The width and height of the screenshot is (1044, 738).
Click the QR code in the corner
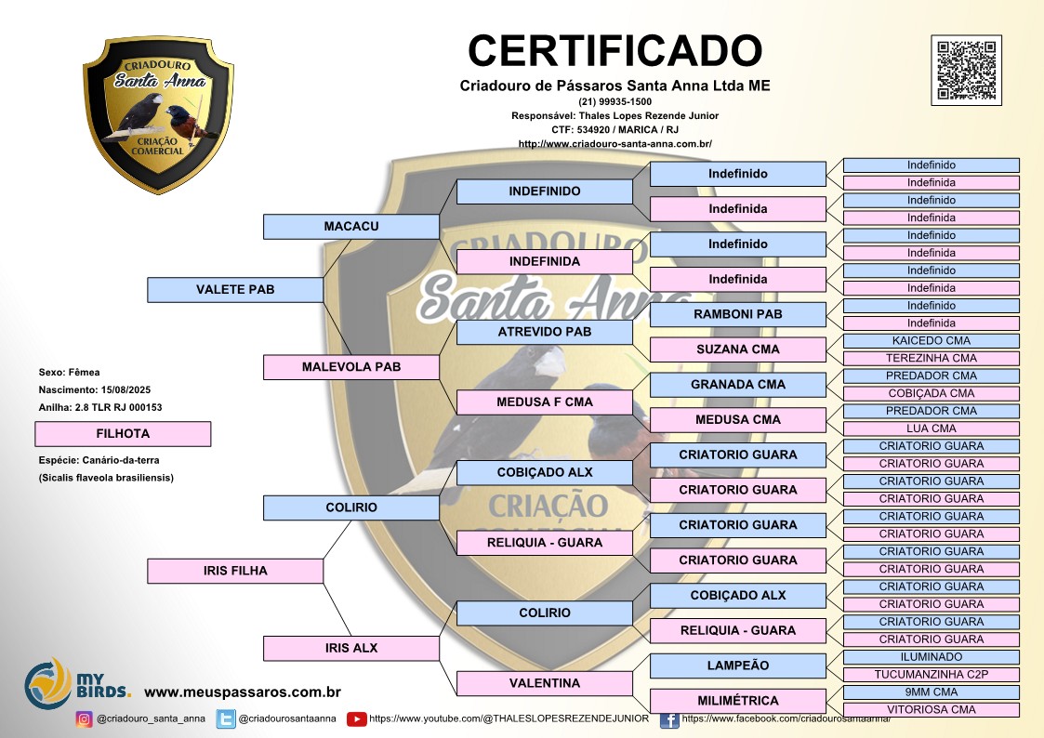[x=966, y=71]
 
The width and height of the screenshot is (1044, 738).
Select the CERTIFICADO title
[x=615, y=50]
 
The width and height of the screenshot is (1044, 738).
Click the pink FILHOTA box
[x=123, y=434]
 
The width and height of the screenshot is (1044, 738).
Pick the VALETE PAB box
[x=235, y=290]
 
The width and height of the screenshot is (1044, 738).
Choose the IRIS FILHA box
[x=235, y=571]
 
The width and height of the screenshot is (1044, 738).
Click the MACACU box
[x=350, y=227]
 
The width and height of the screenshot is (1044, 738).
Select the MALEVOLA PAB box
[x=350, y=367]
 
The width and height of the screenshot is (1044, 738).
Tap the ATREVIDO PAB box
[x=544, y=332]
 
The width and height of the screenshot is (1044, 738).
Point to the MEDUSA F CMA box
[x=544, y=402]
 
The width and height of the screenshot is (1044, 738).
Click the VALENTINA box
[x=544, y=683]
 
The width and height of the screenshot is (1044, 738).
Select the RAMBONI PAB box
[x=737, y=314]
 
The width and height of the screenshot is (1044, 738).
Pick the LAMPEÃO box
[x=737, y=666]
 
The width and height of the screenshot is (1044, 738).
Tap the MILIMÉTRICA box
[x=737, y=701]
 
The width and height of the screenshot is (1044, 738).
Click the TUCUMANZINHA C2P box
[x=931, y=675]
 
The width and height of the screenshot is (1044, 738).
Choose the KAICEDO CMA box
[x=931, y=341]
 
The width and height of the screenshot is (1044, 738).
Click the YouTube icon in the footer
[x=356, y=718]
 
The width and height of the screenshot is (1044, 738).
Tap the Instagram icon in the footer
[x=84, y=718]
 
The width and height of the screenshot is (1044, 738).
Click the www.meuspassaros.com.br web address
[x=243, y=692]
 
